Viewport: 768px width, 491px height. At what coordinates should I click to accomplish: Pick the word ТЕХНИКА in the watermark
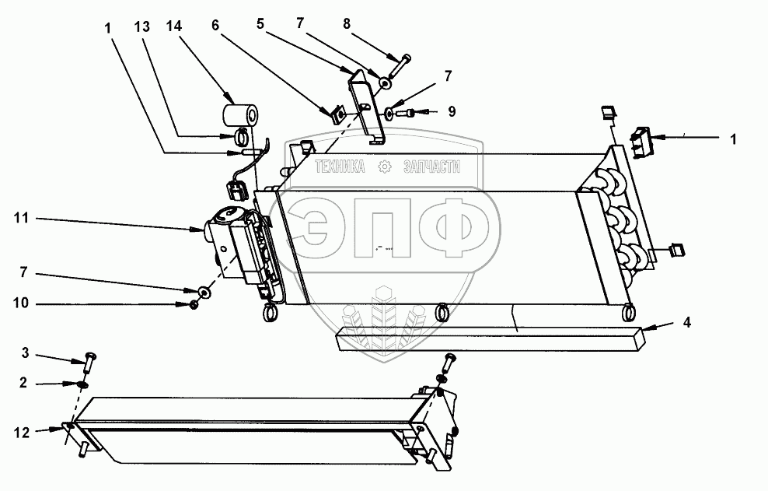(x=340, y=167)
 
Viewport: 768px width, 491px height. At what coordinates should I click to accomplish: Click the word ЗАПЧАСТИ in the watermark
(x=432, y=167)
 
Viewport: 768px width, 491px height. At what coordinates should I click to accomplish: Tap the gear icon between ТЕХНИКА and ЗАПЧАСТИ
(x=384, y=167)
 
